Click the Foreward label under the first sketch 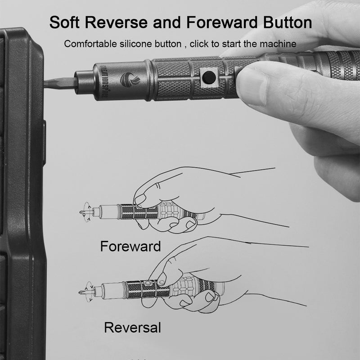[x=130, y=246]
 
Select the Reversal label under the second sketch [x=132, y=327]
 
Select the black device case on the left [x=22, y=193]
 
